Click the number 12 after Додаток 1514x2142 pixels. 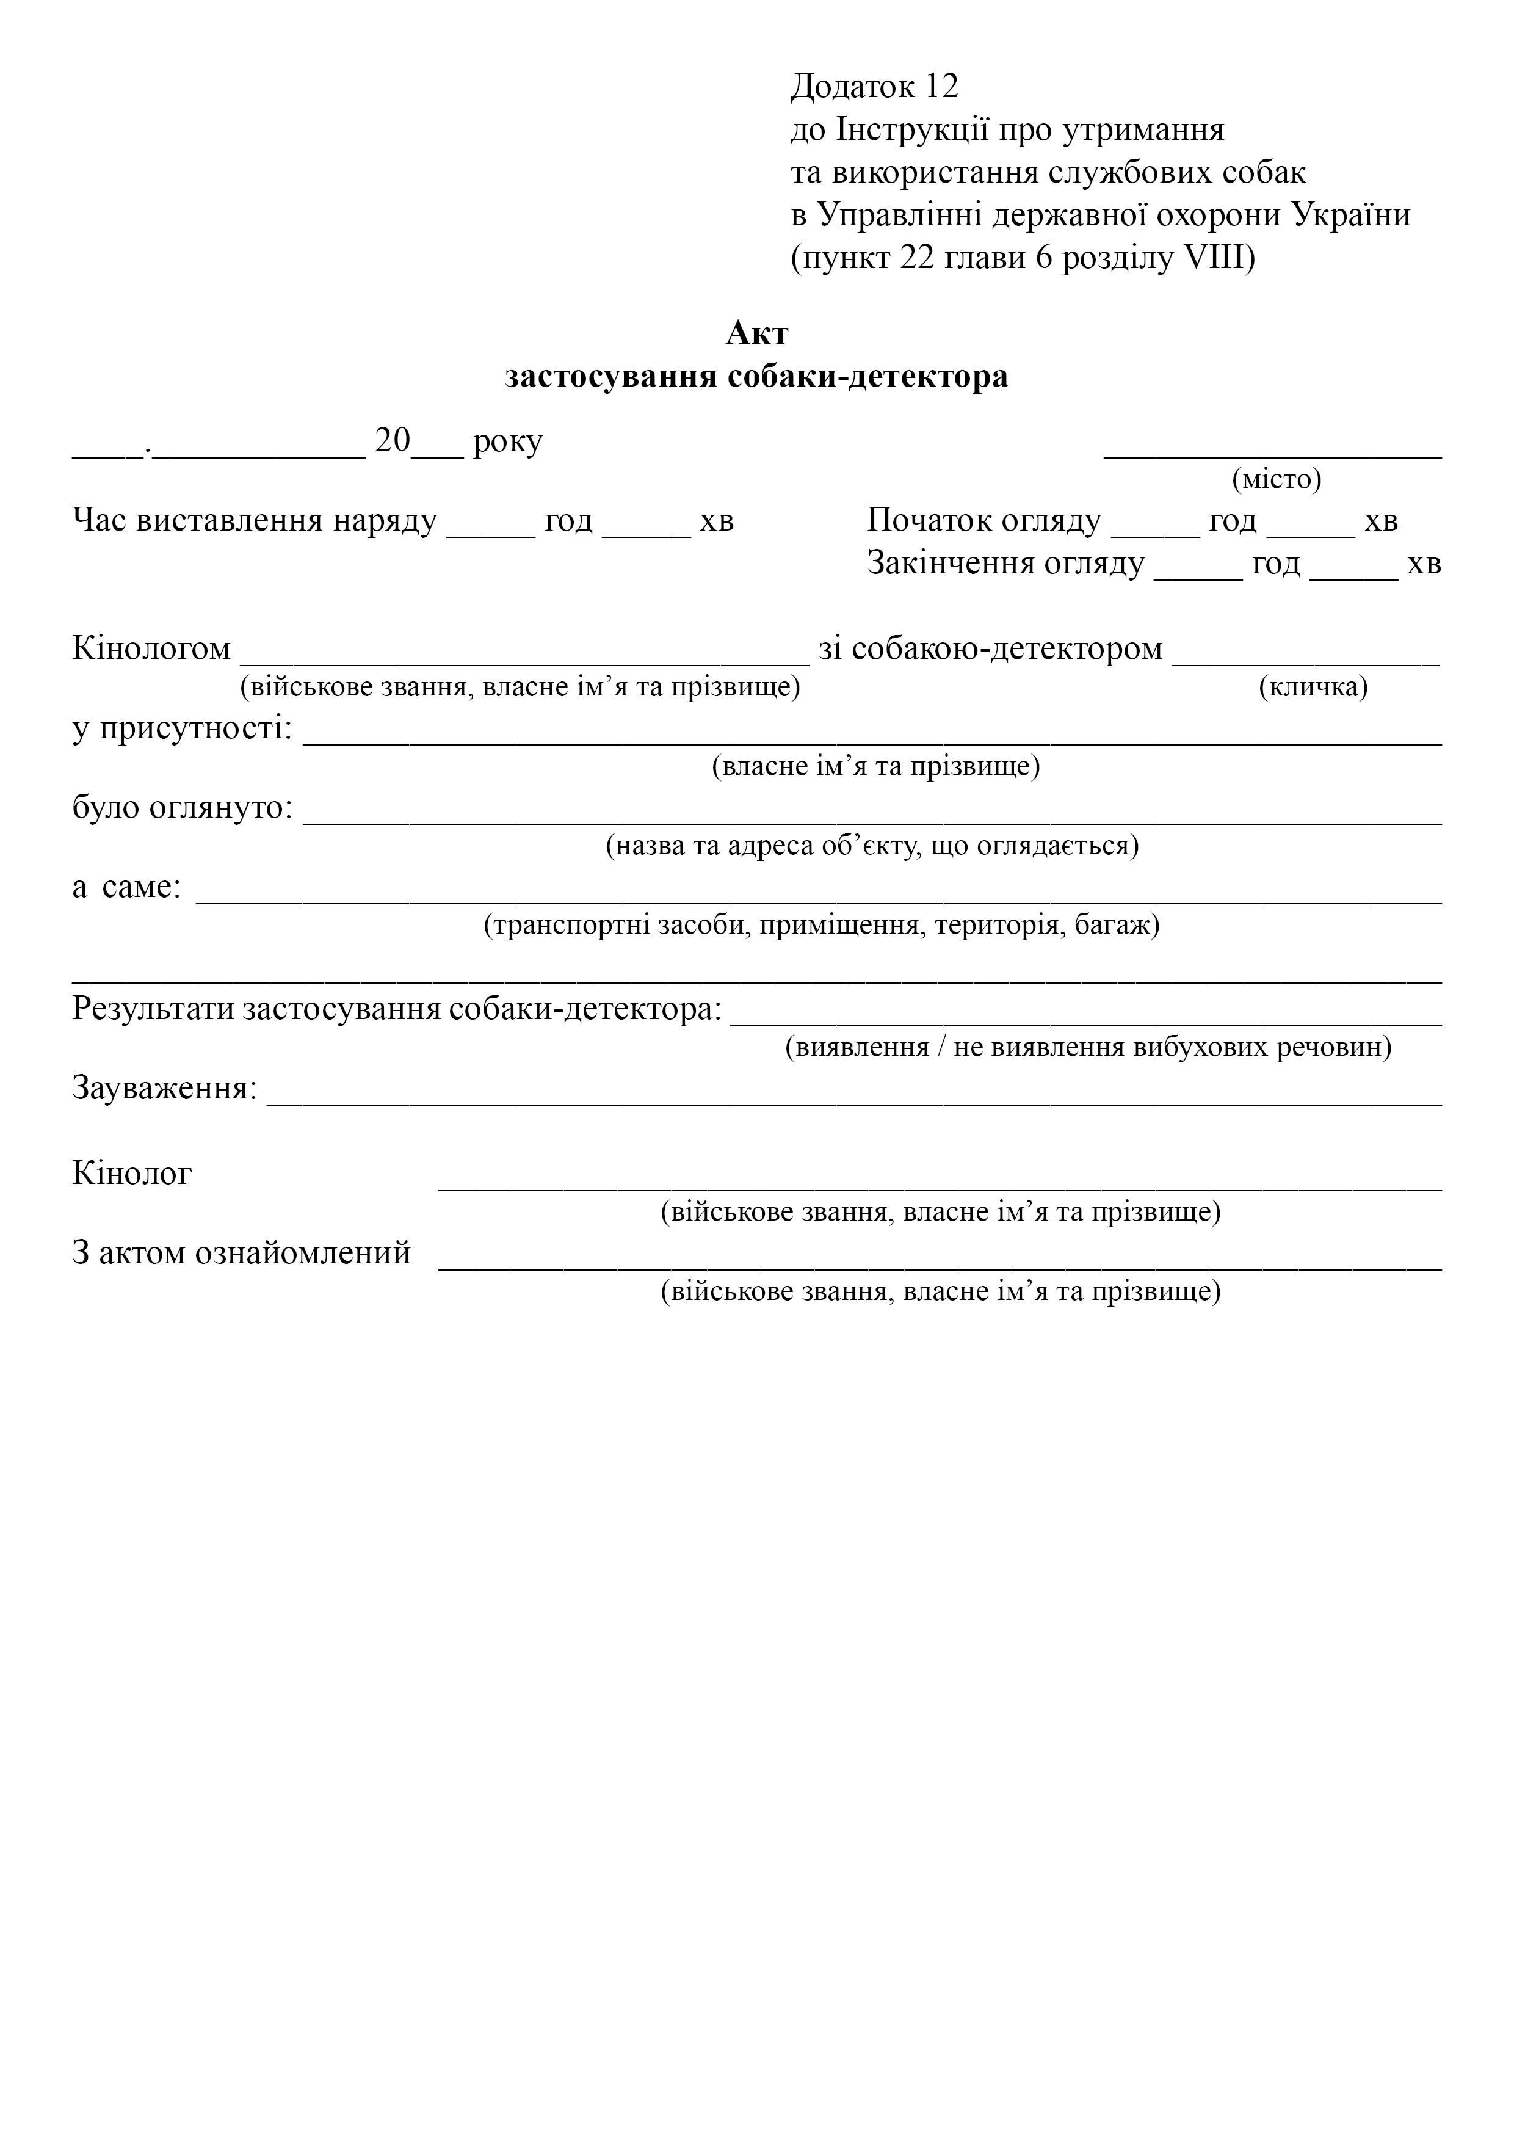(942, 87)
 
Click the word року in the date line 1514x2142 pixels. (507, 441)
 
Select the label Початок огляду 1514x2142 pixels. (984, 521)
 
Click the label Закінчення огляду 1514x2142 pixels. (1005, 564)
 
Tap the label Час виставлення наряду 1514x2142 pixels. (255, 521)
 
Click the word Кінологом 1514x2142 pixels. (151, 648)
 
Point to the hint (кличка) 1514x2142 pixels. (1313, 688)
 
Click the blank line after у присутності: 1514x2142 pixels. (872, 741)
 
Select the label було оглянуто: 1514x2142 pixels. (183, 808)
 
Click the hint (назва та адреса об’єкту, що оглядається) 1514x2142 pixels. (872, 846)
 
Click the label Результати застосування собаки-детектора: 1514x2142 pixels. (397, 1009)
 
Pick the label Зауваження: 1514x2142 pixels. (165, 1089)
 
